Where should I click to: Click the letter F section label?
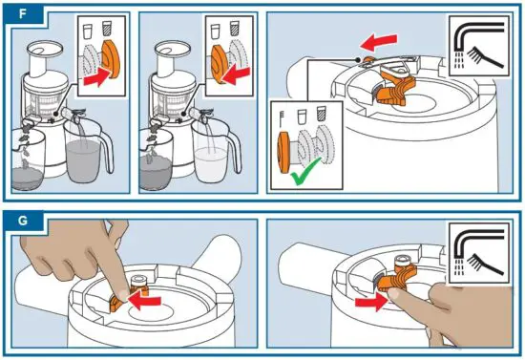[23, 14]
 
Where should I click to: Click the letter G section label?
[23, 221]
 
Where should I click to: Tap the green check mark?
[305, 172]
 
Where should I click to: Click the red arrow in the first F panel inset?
[97, 77]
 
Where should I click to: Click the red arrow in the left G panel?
[144, 300]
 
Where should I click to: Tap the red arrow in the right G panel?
[370, 303]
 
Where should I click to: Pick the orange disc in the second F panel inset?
[219, 64]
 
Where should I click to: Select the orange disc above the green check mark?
[284, 152]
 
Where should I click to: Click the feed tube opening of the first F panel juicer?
[45, 49]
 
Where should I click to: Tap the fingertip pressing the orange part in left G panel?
[123, 294]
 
